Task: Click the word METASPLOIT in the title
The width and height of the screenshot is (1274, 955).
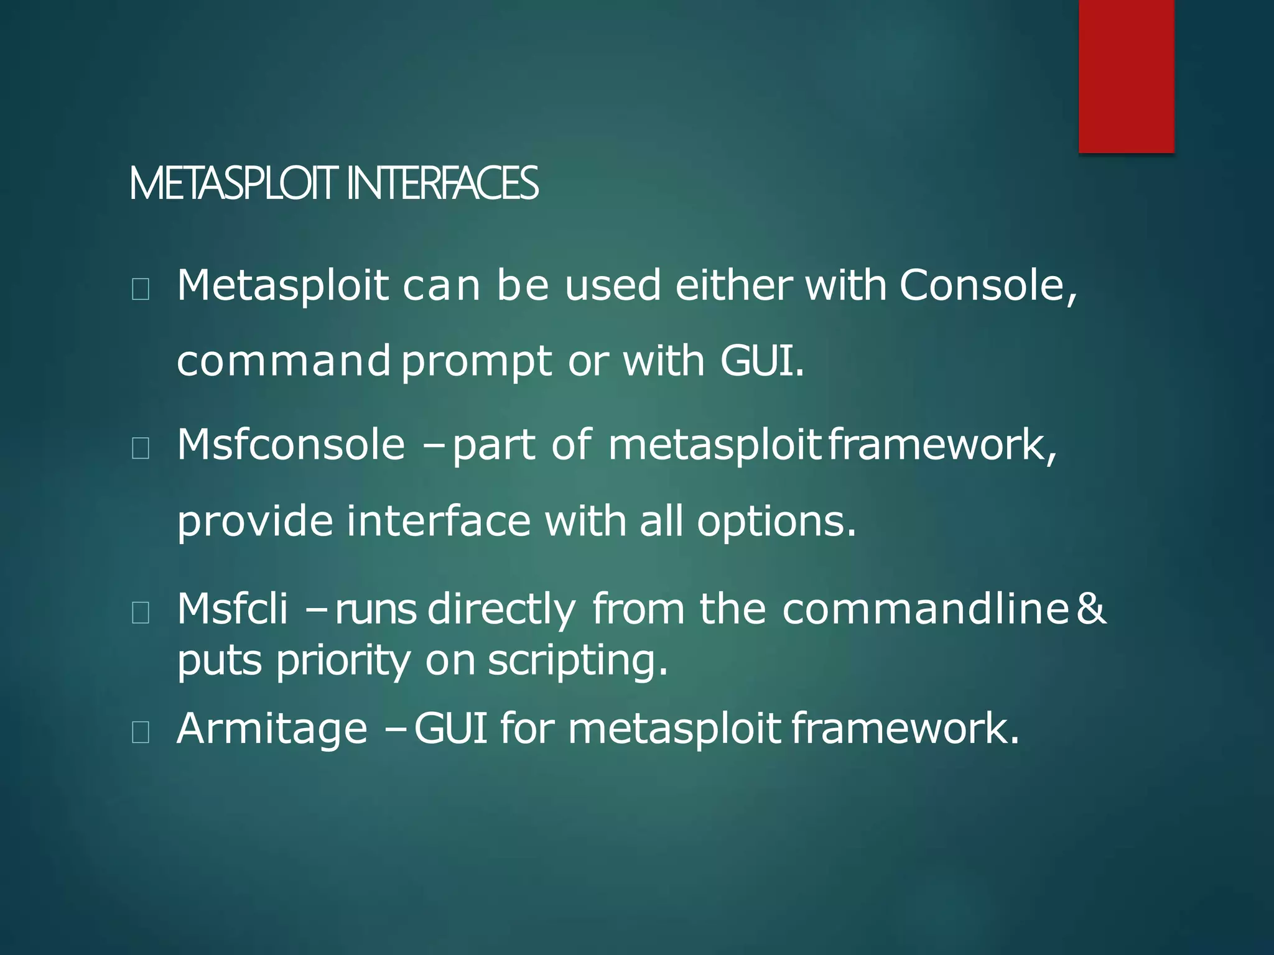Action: coord(234,184)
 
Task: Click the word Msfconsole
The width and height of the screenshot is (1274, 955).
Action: coord(291,445)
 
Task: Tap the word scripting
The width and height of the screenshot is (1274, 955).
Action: coord(577,660)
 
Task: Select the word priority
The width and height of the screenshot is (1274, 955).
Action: coord(343,660)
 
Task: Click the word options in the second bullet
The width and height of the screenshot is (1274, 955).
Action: coord(776,521)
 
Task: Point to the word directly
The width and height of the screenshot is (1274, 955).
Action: coord(501,609)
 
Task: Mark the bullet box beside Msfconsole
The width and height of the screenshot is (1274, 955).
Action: coord(141,448)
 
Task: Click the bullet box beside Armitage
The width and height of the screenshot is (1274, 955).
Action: coord(141,732)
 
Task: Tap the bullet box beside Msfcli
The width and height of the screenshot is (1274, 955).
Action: coord(141,613)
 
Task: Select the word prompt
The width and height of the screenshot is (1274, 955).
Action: coord(477,362)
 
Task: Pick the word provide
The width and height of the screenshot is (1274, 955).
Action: coord(255,521)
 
